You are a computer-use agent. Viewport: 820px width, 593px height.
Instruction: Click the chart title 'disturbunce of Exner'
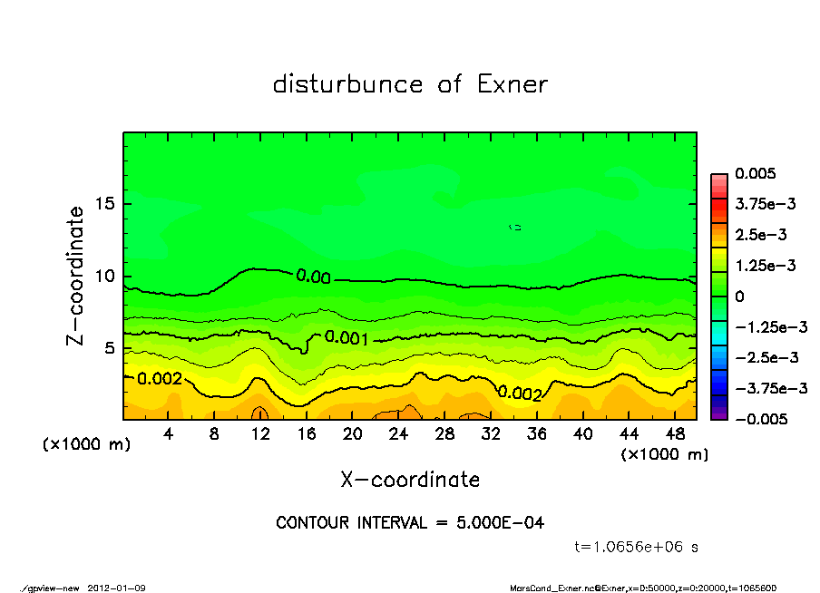(x=410, y=84)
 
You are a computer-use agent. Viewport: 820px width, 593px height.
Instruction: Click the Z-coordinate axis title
(x=76, y=276)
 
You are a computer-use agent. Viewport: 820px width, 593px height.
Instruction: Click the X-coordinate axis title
(x=410, y=479)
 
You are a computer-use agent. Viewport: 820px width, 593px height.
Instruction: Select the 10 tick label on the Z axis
(x=104, y=277)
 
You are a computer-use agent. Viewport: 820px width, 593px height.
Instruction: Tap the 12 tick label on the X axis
(x=260, y=434)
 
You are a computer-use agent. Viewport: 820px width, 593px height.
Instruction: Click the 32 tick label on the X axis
(x=491, y=434)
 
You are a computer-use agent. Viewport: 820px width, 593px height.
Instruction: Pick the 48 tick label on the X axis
(x=675, y=434)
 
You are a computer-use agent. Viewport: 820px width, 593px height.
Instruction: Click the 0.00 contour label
(x=313, y=277)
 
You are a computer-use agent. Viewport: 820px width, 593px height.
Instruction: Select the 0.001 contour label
(x=346, y=338)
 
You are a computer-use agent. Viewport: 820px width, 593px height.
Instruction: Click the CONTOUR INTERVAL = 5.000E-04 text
(x=410, y=523)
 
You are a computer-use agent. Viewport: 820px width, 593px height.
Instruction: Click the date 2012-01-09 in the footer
(x=117, y=588)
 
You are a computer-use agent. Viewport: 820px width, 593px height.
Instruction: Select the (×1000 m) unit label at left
(x=83, y=445)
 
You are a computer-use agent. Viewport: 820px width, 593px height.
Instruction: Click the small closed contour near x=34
(x=514, y=227)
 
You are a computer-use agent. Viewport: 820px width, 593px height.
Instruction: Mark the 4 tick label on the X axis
(x=168, y=434)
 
